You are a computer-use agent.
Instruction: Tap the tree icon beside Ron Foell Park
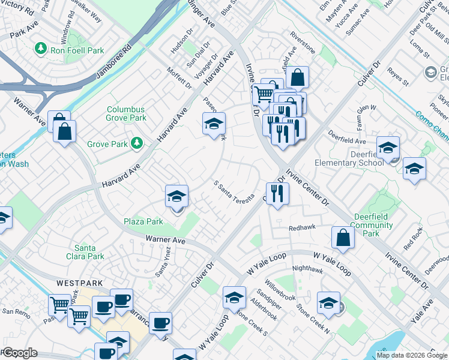pos(41,47)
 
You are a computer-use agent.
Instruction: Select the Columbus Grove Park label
pos(126,113)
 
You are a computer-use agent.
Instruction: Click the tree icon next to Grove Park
pos(137,143)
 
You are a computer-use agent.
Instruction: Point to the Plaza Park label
pos(143,221)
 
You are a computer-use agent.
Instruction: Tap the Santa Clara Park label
pos(89,252)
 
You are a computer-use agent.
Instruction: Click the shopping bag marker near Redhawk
pos(342,238)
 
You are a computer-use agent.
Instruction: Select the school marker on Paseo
pos(213,124)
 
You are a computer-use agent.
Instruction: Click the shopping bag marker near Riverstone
pos(297,78)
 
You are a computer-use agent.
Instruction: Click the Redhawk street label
pos(301,229)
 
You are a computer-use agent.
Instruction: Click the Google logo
pos(20,353)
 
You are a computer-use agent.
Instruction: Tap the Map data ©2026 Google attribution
pos(411,355)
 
